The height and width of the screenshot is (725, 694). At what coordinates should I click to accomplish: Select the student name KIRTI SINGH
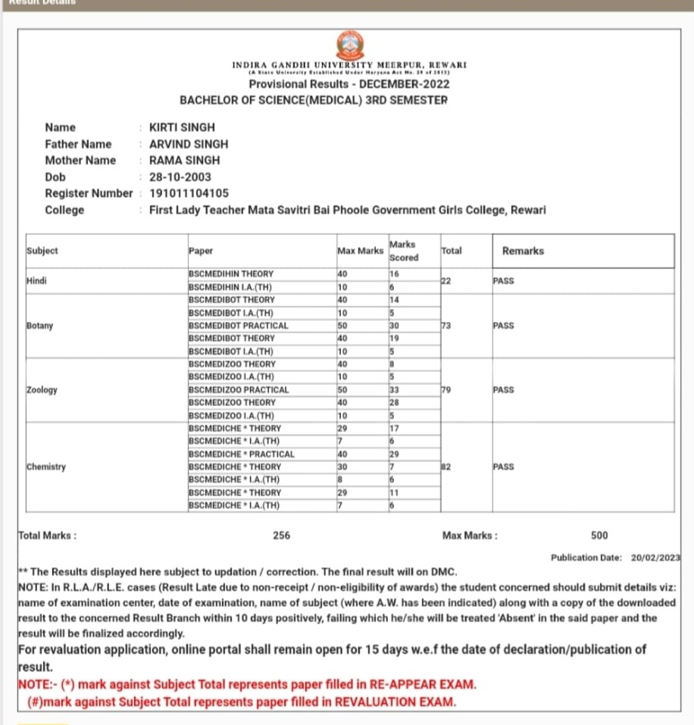pos(182,127)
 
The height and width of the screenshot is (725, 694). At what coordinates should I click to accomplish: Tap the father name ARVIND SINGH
pos(189,144)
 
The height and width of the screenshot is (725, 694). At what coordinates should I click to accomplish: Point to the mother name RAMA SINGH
pos(185,160)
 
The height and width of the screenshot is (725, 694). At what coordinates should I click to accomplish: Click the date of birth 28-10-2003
pos(180,177)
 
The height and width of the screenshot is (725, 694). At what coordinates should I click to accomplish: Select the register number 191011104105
pos(189,193)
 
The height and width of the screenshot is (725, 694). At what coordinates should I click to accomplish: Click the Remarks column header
pos(523,251)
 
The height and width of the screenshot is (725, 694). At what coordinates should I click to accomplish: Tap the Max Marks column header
pos(360,251)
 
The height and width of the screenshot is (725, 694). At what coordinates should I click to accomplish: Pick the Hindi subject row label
pos(36,280)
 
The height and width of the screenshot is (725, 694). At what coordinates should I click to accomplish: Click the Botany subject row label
pos(39,326)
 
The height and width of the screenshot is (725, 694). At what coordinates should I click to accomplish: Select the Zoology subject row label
pos(42,389)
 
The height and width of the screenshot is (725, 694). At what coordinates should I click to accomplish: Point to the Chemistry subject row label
pos(46,467)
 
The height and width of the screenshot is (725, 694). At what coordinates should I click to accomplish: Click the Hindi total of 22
pos(446,281)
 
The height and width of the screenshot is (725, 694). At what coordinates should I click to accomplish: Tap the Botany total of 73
pos(446,326)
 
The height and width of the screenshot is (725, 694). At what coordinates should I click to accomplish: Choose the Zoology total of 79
pos(446,389)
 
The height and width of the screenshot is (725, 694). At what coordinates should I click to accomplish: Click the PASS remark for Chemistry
pos(503,467)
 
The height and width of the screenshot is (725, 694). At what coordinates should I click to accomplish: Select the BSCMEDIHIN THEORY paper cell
pos(231,273)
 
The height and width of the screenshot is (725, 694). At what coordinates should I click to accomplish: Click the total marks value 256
pos(281,536)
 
